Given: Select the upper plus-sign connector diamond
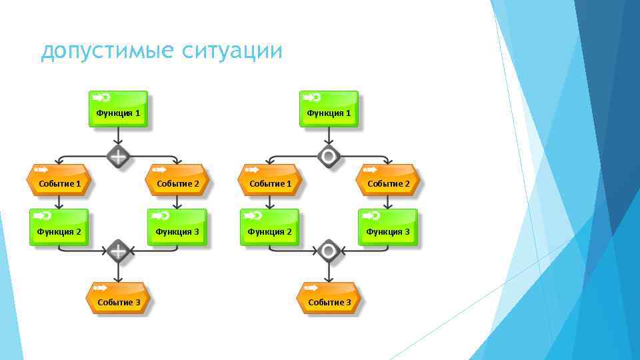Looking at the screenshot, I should point(118,157).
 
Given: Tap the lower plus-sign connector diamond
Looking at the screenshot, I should point(118,251).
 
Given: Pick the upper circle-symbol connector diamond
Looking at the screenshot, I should point(328,157).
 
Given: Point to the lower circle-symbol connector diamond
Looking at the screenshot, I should point(328,251).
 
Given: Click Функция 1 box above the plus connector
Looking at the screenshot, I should point(118,109).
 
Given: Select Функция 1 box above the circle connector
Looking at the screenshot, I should point(329,109).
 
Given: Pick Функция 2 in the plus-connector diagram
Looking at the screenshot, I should point(59,227).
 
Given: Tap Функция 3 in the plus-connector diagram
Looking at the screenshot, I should point(177,227).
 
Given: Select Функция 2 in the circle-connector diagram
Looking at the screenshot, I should point(270,227).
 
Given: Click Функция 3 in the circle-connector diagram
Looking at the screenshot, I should point(388,227).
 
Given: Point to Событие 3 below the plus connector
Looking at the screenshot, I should point(119,298).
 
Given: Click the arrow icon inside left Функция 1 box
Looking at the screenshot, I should point(101,97).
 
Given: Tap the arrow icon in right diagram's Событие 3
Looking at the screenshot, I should point(311,288).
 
